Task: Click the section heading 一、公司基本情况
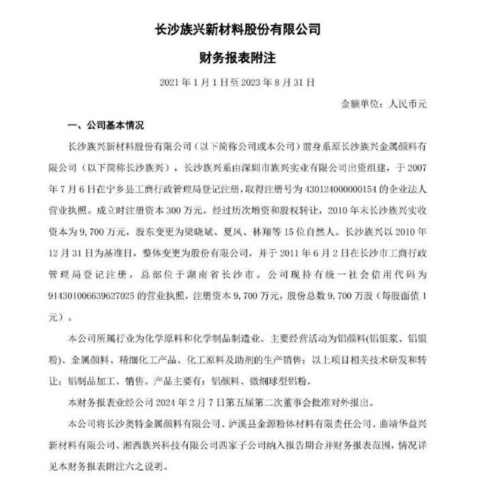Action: coord(106,124)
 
